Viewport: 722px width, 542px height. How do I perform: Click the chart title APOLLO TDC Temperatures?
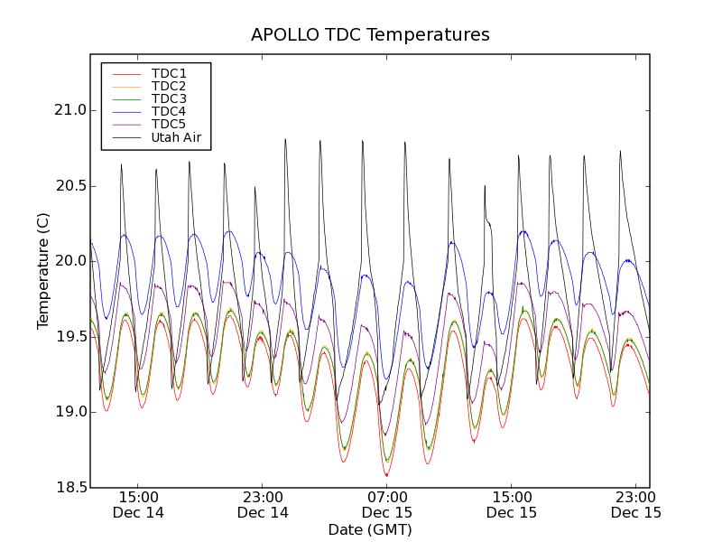[370, 35]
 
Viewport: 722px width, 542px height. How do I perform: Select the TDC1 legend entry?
[169, 73]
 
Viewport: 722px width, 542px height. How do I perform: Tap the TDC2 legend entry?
[169, 86]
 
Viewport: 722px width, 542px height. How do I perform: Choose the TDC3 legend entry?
[169, 98]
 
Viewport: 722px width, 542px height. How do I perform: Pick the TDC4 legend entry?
[169, 111]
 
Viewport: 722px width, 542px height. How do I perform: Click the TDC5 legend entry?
[169, 124]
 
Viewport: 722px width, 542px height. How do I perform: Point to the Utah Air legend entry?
[176, 137]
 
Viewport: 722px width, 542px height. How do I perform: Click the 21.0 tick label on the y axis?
[69, 110]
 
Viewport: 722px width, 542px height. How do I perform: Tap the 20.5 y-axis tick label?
[69, 186]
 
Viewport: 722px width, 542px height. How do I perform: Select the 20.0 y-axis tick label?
[69, 261]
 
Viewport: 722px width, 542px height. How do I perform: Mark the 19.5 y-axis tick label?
[69, 337]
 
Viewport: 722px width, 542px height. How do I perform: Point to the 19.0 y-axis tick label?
[69, 412]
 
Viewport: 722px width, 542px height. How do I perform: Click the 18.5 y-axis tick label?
[69, 488]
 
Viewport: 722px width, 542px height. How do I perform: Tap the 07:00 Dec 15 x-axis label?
[387, 504]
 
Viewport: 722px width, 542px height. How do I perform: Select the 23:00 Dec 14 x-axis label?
[263, 504]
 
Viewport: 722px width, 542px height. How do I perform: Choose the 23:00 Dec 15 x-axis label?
[636, 504]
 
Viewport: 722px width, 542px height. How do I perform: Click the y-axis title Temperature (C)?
[43, 271]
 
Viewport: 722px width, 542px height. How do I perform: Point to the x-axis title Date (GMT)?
[370, 529]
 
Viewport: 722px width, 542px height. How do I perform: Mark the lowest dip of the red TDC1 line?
[387, 475]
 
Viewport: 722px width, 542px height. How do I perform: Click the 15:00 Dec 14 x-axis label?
[138, 504]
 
